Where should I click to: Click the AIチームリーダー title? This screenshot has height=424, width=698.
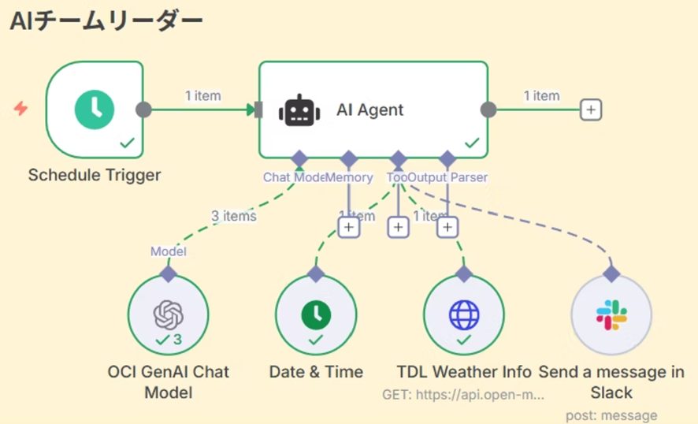[x=106, y=21]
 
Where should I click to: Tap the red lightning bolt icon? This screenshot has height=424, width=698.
[x=21, y=109]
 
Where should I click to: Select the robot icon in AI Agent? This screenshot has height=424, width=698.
[x=300, y=110]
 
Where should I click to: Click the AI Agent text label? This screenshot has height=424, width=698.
[x=369, y=110]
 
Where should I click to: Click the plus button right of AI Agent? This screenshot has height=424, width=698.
[x=590, y=110]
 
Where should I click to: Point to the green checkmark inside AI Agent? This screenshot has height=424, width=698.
[x=472, y=143]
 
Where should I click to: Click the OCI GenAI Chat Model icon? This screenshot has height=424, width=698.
[x=168, y=315]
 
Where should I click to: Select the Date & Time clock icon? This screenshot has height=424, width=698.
[x=316, y=315]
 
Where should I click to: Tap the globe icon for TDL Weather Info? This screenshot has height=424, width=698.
[x=463, y=315]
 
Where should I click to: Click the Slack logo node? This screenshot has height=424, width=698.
[x=611, y=315]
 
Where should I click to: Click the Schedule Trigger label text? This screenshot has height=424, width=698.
[x=95, y=175]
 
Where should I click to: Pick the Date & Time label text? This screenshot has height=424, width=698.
[x=316, y=372]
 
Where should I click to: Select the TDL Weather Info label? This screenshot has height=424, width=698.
[x=464, y=372]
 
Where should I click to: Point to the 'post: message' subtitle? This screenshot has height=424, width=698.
[x=611, y=415]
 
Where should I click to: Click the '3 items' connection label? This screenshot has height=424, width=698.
[x=234, y=215]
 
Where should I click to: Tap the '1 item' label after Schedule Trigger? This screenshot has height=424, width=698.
[x=203, y=96]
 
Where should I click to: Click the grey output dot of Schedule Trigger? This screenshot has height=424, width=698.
[x=143, y=110]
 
